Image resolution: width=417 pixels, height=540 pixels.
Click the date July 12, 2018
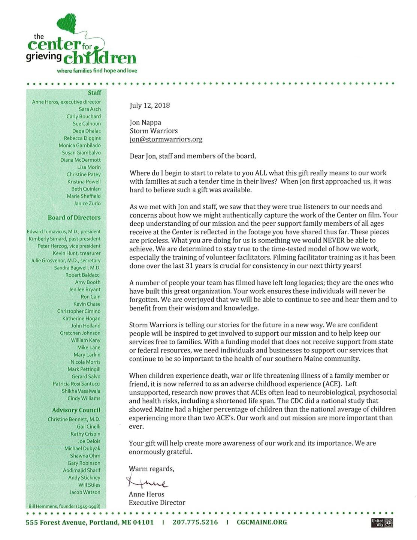149,105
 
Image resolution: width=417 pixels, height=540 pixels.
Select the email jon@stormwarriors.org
166,139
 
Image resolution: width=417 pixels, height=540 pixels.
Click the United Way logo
382,522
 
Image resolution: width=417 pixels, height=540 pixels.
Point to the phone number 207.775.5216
195,522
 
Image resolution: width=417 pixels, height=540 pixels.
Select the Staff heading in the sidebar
94,92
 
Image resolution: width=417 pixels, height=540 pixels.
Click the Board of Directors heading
74,217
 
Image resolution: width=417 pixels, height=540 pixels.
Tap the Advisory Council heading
76,410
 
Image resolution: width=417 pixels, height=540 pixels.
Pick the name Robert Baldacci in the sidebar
83,275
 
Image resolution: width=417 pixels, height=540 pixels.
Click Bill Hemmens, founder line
64,506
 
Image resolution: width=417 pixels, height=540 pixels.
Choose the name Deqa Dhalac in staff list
86,131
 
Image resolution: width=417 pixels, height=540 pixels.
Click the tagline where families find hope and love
97,71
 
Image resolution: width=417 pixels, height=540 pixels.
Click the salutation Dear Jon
143,156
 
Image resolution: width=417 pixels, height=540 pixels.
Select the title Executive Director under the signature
157,502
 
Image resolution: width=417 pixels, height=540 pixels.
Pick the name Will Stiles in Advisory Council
89,485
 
